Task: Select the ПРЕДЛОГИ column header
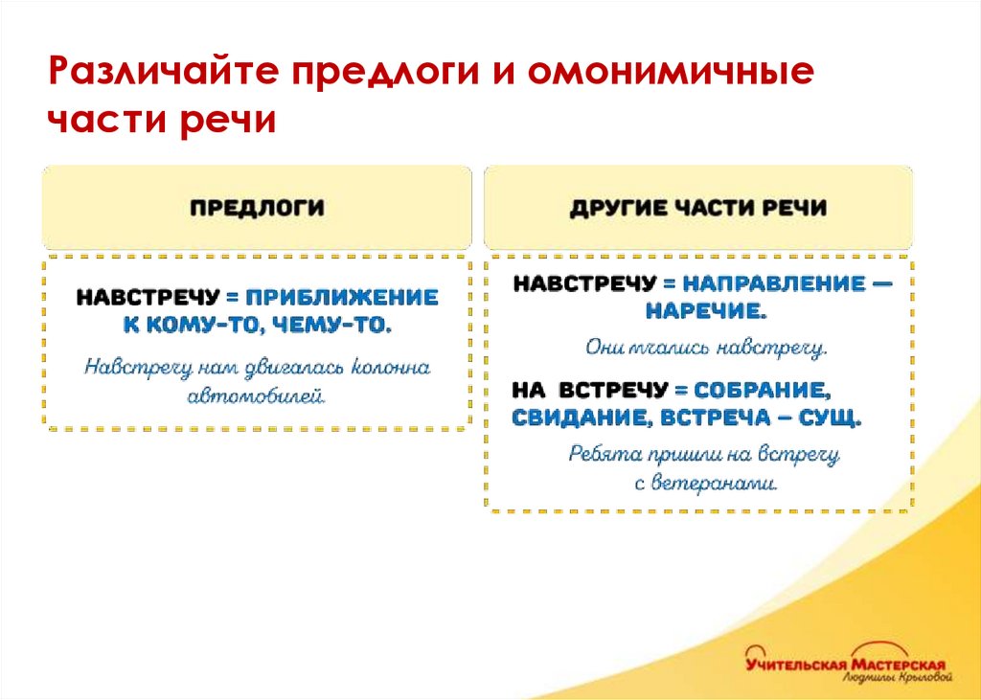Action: [x=256, y=207]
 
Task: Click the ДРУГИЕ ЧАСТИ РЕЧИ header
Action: [x=697, y=208]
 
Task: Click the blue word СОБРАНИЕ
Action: [x=762, y=390]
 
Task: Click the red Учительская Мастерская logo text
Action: [x=845, y=664]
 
